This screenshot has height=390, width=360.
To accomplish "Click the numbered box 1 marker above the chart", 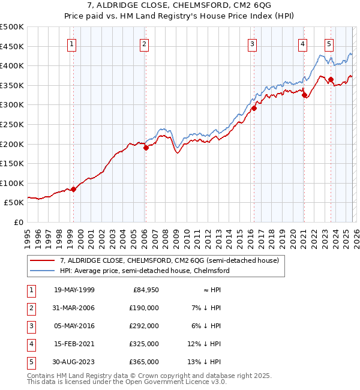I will pos(72,43).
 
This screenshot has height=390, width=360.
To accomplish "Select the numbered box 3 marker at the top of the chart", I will pos(252,43).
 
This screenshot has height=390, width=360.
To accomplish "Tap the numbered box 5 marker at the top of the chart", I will pos(329,43).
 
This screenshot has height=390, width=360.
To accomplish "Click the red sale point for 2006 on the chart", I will pos(146,148).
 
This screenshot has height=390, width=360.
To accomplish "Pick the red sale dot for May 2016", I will pos(253,108).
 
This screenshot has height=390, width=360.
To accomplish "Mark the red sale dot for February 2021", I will pos(304,95).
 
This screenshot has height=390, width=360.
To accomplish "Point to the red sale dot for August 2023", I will pos(331,79).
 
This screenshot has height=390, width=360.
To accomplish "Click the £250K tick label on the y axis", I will pos(12,124).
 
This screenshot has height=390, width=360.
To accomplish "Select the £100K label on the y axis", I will pos(12,183).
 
